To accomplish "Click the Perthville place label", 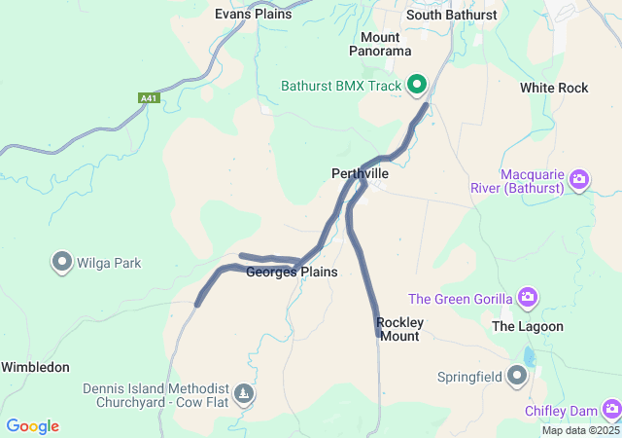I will coord(360,173).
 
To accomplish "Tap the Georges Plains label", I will coord(292,273).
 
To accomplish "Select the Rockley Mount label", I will coord(399,329).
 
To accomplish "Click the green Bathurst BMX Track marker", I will coord(418,86).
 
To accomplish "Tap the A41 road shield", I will coord(148,97).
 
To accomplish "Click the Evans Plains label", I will coord(253,14).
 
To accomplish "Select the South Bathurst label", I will coord(451,15).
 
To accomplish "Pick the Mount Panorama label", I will coord(380,44).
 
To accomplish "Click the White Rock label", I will coord(554,88).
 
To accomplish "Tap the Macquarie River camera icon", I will coord(579,179).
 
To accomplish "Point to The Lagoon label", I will coord(528,326).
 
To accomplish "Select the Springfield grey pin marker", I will coord(517,375).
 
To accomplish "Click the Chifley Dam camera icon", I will coord(610,410).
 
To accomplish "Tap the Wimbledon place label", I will coord(35,367).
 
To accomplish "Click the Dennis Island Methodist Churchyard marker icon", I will coord(243,394).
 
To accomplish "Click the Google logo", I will coord(32,426).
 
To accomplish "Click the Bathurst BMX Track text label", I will coord(341,86).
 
